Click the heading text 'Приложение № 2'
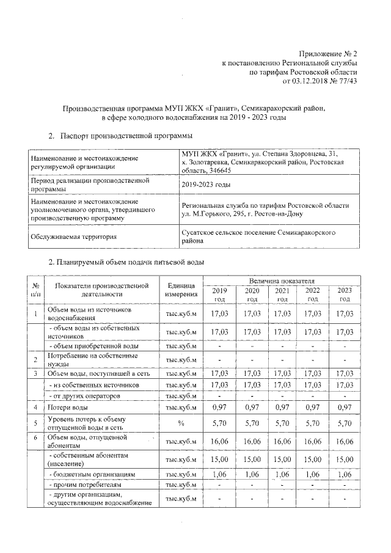[329, 54]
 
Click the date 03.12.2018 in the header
[311, 80]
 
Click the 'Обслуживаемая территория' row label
[74, 236]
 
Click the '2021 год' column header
[282, 295]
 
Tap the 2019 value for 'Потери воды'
[219, 407]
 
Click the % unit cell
[181, 422]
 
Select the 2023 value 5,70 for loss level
[345, 422]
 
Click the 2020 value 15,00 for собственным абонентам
[251, 459]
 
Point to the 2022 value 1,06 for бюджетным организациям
[313, 474]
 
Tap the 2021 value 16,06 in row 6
[282, 441]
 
